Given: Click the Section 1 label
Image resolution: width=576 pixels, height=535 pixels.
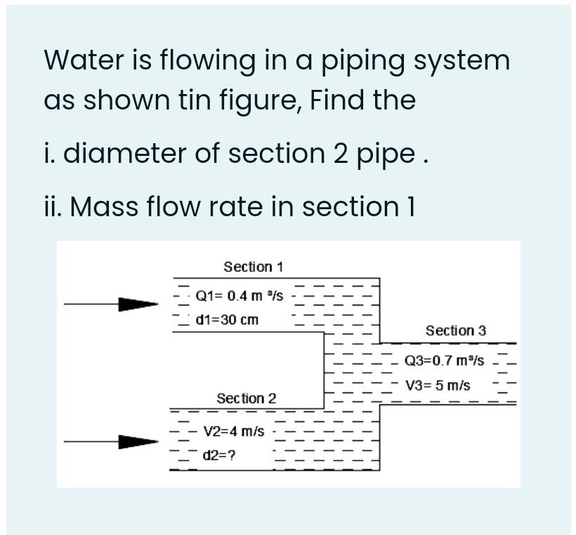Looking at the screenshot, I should pyautogui.click(x=253, y=267).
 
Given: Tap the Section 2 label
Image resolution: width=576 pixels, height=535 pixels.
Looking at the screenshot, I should pyautogui.click(x=246, y=398).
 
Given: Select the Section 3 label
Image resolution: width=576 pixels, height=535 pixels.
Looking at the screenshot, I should pyautogui.click(x=455, y=330).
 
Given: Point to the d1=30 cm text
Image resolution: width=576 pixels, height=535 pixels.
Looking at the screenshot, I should pyautogui.click(x=227, y=320).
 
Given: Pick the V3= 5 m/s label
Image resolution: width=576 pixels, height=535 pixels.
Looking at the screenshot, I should pyautogui.click(x=438, y=385).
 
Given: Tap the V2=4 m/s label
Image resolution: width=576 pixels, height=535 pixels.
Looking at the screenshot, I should pyautogui.click(x=233, y=431).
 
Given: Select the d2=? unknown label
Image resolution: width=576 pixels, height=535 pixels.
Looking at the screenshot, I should pyautogui.click(x=219, y=455).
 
